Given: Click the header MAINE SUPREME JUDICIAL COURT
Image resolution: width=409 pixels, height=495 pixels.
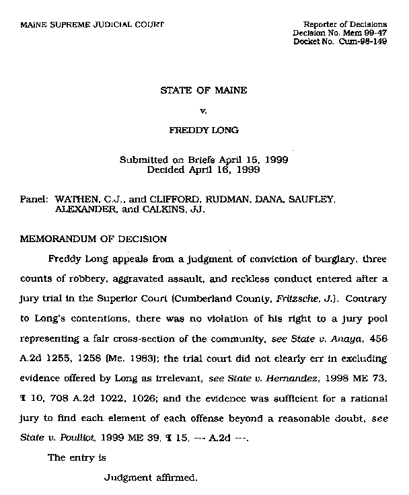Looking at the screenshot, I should [92, 25].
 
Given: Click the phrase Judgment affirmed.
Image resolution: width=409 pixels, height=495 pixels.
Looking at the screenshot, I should [151, 479].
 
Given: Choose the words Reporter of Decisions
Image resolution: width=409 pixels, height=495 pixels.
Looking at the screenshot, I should [345, 25].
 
